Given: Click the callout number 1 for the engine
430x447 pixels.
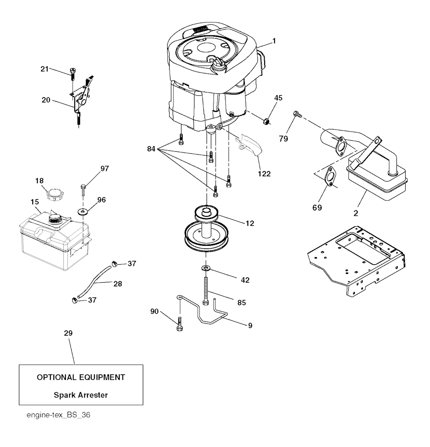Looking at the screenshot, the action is click(274, 41).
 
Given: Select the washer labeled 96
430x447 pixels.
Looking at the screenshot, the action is click(83, 212).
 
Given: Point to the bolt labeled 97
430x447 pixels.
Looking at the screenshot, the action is click(83, 189).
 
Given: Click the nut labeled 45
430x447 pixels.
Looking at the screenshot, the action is click(265, 122).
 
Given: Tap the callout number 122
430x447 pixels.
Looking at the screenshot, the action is click(264, 174).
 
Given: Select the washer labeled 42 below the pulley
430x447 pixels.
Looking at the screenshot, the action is click(205, 268).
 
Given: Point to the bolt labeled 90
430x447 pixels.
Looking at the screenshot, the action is click(180, 323).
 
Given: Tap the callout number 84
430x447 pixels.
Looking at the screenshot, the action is click(151, 149).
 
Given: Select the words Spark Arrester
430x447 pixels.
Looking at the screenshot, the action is click(81, 395).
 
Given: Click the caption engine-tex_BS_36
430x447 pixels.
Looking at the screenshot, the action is click(58, 415).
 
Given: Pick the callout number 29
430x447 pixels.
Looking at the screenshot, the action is click(68, 333).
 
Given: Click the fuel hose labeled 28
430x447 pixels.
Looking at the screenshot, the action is click(93, 281).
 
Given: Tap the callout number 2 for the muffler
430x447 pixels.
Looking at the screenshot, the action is click(356, 213).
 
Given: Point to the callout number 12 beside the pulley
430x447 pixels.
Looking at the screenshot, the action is click(249, 223).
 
